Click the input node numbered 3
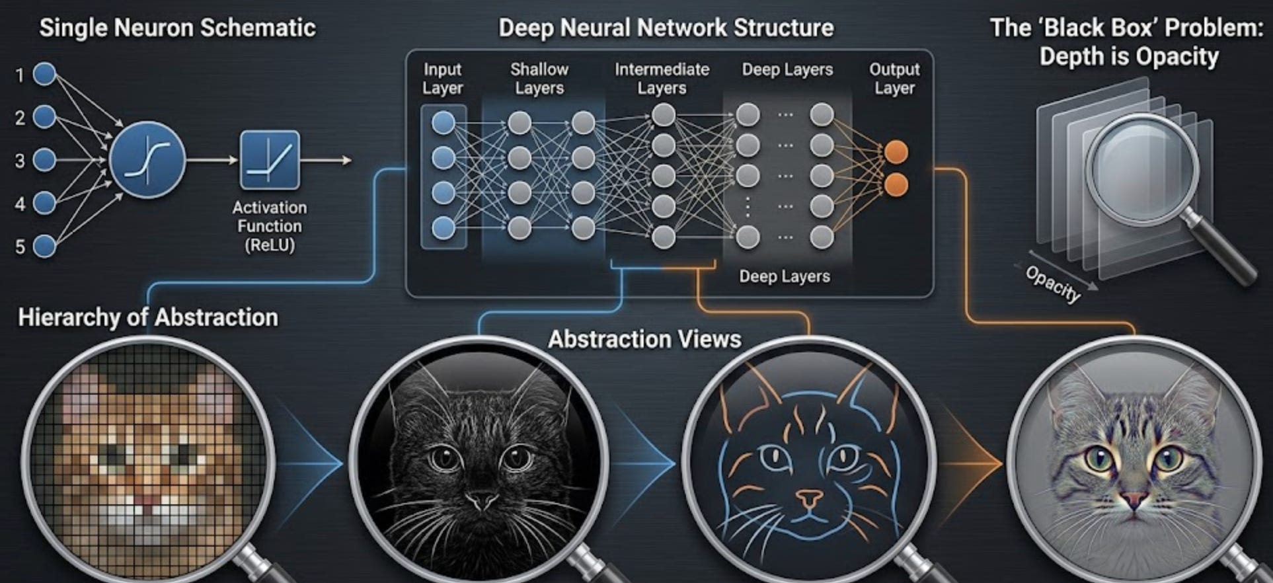pos(44,160)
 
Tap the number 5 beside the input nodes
pos(20,247)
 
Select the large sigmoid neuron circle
pos(147,160)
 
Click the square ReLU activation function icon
pos(270,160)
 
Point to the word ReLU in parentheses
pos(270,245)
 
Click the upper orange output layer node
pos(896,152)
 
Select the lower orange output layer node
pos(896,185)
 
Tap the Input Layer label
pos(443,79)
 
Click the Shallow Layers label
pos(539,79)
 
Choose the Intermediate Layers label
pos(662,79)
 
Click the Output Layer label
pos(894,79)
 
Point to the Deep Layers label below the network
pos(785,276)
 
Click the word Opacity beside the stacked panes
pos(1053,284)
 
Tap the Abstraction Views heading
pos(644,339)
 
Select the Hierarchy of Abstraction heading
pos(148,317)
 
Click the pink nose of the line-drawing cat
pos(808,496)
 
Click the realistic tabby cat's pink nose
pos(1134,500)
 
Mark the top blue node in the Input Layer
pos(444,122)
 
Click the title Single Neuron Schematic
pos(177,28)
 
